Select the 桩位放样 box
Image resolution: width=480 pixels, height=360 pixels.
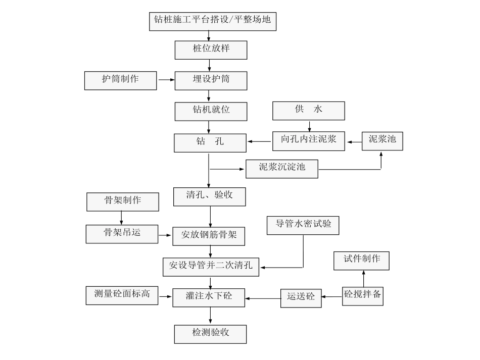pos(211,50)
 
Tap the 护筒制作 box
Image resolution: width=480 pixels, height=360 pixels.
pos(120,80)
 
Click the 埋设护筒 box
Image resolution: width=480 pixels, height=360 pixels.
pos(211,80)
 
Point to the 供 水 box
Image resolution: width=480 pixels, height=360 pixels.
pos(308,111)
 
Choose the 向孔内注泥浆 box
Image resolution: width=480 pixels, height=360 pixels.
pos(308,140)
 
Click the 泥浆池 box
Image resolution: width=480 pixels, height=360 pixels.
pos(382,140)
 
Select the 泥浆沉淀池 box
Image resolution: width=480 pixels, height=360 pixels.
pos(282,168)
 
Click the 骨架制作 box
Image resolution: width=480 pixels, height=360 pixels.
pos(122,201)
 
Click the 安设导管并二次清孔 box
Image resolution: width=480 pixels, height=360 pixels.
pos(211,266)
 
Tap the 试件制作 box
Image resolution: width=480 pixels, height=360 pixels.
pos(362,261)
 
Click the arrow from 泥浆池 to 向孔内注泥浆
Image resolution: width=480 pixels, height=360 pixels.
pos(353,141)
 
